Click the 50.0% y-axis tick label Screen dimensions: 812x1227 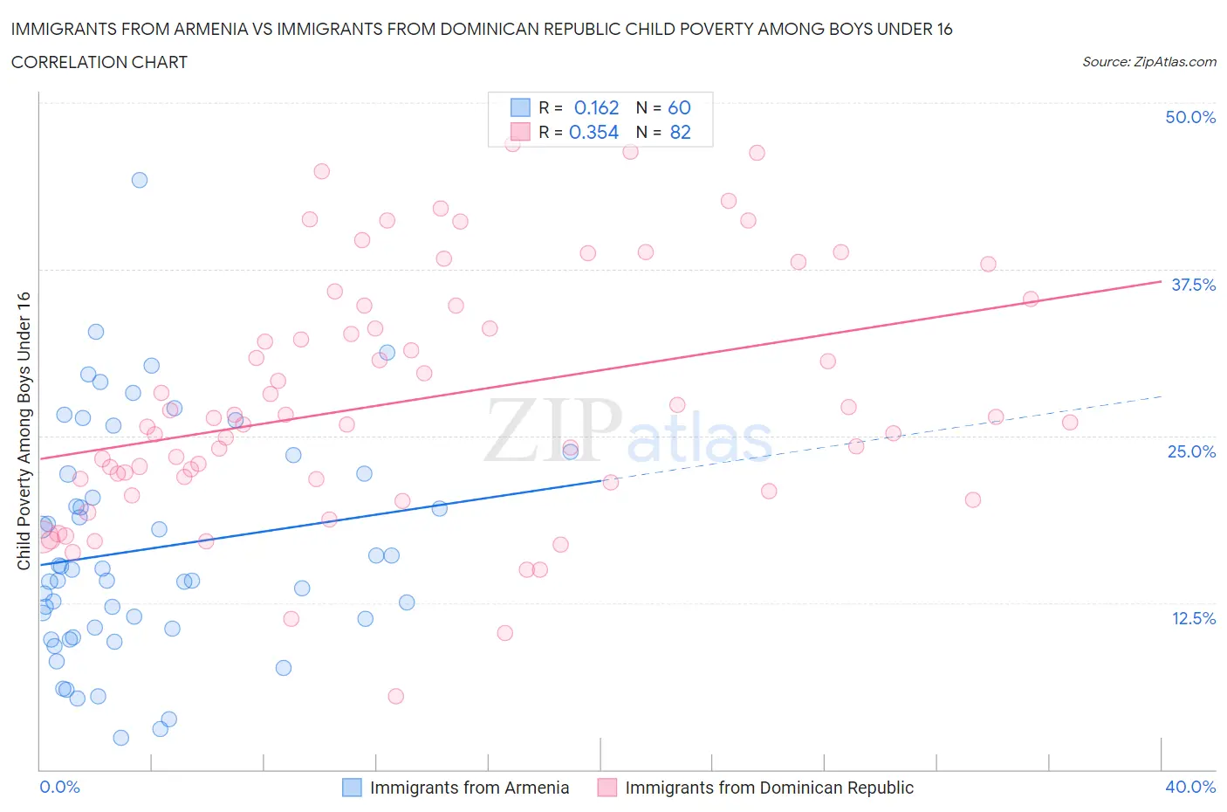1190,117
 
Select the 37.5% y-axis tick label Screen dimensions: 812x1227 1193,285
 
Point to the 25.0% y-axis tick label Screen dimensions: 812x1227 1191,451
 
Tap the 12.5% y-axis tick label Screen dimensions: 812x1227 1193,618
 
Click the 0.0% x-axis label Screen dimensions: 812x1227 59,787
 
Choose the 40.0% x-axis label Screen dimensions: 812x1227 1190,787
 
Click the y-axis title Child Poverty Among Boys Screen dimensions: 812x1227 24,430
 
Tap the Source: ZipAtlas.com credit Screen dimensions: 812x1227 1148,62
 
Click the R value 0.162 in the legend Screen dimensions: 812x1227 596,107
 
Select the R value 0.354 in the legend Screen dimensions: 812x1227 593,132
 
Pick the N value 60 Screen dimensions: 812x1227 679,107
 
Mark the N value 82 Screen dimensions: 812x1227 680,132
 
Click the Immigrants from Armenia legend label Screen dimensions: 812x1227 470,788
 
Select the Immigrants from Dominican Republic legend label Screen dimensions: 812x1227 769,788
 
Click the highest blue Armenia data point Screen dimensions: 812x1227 140,180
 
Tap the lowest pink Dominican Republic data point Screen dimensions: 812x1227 395,696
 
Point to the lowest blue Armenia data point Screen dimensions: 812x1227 121,738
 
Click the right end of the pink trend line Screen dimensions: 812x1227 1161,281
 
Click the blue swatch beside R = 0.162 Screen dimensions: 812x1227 520,107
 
